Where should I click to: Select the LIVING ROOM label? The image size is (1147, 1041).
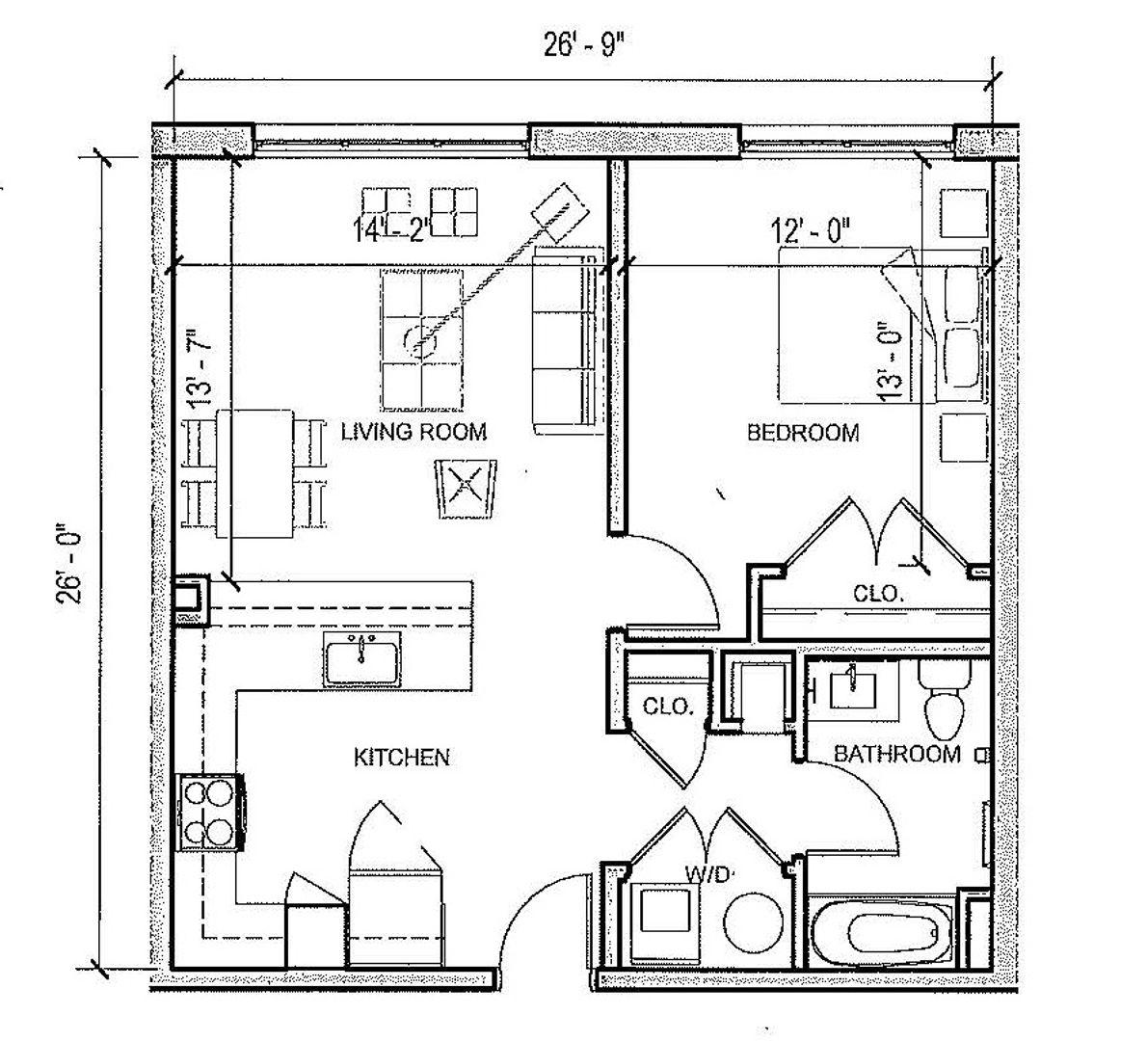pos(413,432)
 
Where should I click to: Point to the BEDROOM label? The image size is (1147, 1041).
pos(803,433)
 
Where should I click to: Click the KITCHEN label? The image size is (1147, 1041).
pos(402,758)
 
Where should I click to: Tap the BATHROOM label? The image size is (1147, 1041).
pos(896,754)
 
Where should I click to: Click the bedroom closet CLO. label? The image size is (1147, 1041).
pos(878,594)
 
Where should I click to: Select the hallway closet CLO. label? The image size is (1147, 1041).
pos(667,707)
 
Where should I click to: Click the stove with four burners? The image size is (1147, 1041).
pos(209,813)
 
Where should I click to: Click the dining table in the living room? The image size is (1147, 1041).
pos(255,472)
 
